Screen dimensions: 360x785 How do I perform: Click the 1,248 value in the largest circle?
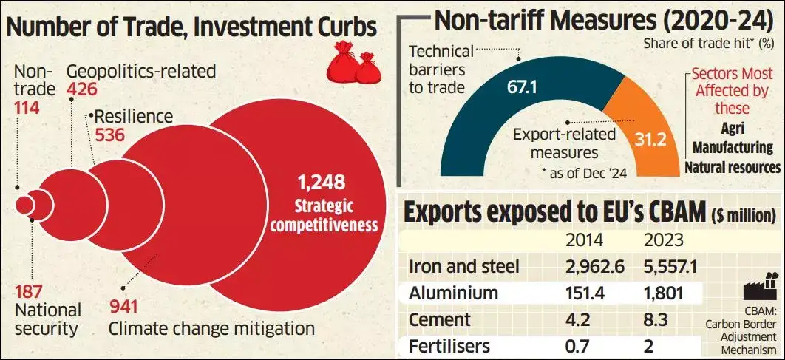pyautogui.click(x=321, y=182)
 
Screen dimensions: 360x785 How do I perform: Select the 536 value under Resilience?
pyautogui.click(x=109, y=135)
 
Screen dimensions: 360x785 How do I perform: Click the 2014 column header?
pyautogui.click(x=584, y=240)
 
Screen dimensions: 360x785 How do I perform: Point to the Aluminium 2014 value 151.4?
pyautogui.click(x=585, y=293)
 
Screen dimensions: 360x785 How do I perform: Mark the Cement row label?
pyautogui.click(x=439, y=320)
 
